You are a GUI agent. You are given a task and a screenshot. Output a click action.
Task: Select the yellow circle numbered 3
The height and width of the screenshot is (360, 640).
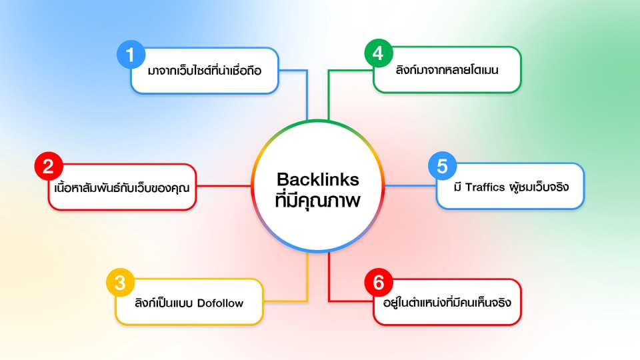[x=120, y=282]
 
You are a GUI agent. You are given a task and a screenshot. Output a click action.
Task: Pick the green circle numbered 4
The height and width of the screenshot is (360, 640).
[x=378, y=54]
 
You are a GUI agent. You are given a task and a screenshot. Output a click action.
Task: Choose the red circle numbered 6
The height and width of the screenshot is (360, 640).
[x=378, y=282]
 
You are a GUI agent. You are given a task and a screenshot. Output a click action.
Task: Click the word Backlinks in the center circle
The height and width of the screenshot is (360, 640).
[x=318, y=179]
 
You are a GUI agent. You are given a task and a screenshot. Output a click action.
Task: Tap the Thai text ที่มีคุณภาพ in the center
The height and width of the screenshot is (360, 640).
[x=318, y=200]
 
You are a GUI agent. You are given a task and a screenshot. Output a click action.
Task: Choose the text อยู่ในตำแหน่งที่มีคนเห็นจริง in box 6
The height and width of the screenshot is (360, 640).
[x=442, y=303]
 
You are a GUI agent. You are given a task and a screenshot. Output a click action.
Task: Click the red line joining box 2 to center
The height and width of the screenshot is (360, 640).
[x=224, y=187]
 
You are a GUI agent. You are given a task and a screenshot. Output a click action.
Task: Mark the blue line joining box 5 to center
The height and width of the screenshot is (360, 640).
[x=410, y=187]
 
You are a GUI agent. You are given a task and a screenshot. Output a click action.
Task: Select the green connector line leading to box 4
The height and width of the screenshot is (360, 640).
[x=329, y=93]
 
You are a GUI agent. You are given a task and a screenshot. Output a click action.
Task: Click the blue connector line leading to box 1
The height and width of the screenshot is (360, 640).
[x=307, y=93]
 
